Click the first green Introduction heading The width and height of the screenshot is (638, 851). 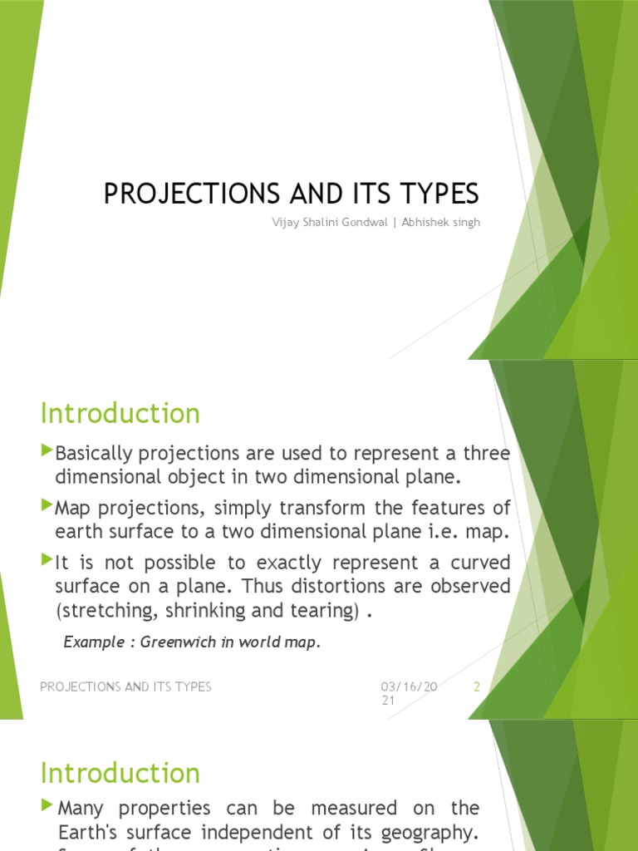point(120,413)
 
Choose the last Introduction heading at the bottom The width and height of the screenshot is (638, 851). point(120,773)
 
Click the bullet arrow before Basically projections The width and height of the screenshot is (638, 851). point(47,452)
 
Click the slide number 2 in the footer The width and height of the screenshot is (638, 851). point(477,686)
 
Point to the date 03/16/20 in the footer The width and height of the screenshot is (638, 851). point(409,686)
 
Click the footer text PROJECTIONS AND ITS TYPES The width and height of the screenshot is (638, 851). point(125,686)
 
